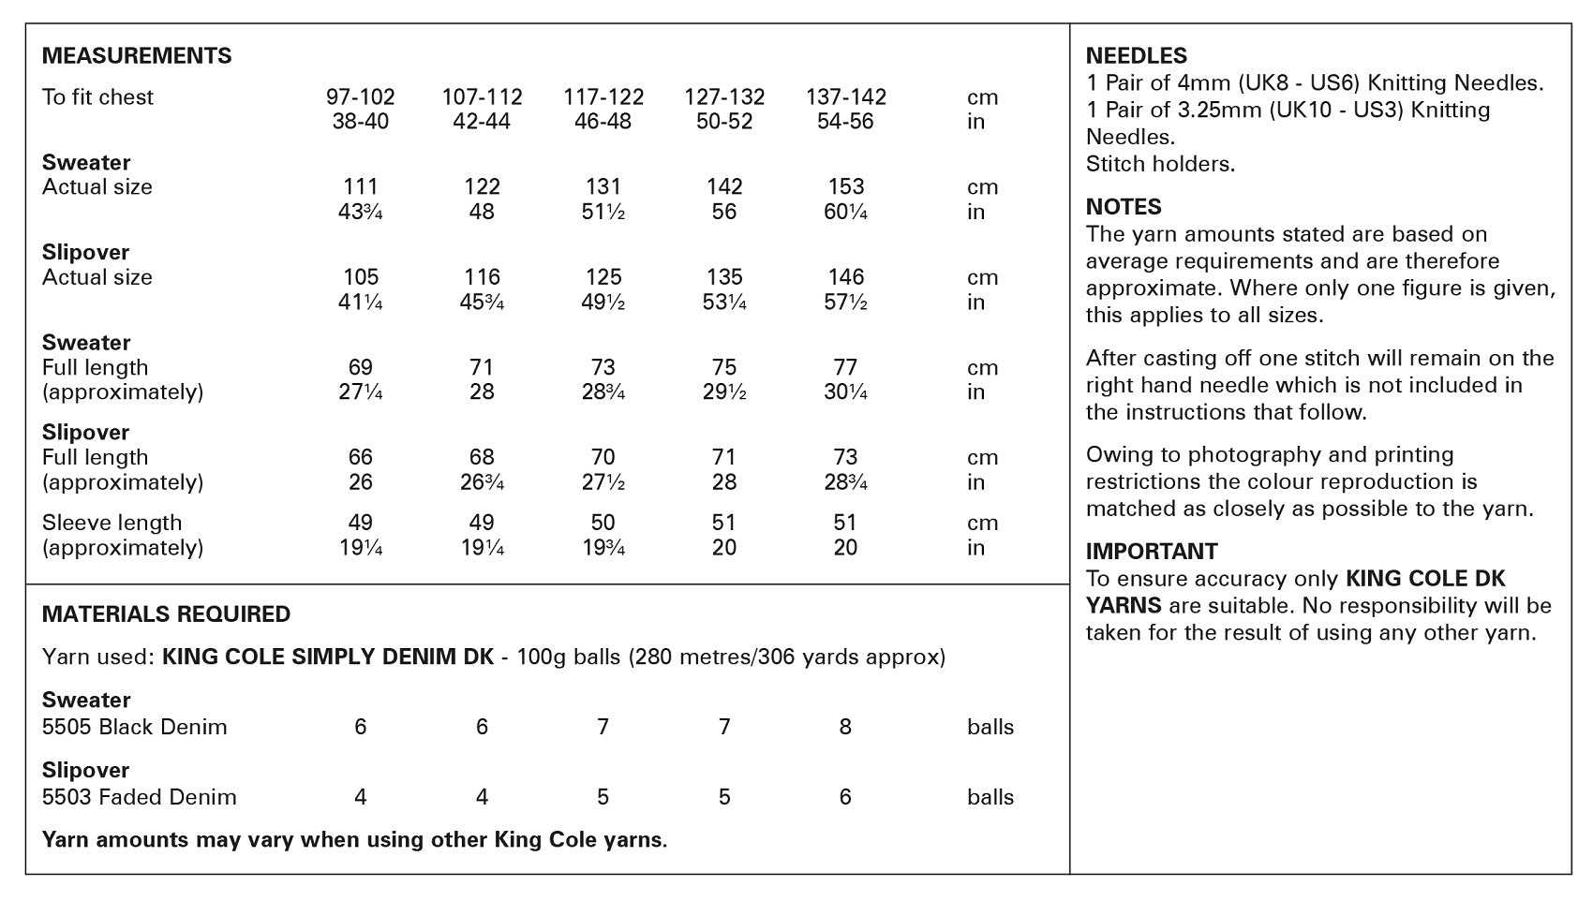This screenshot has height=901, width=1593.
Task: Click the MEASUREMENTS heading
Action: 137,56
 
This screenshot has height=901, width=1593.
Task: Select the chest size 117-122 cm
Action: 603,97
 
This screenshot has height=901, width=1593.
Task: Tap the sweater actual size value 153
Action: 845,187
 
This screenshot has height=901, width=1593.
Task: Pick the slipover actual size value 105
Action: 361,277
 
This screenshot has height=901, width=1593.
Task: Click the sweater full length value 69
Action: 361,367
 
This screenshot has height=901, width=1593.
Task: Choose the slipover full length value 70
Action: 603,457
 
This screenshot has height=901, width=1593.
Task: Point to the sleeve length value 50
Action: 603,523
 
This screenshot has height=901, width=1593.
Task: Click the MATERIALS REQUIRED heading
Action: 167,614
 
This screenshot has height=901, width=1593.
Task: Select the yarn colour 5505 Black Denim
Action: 135,727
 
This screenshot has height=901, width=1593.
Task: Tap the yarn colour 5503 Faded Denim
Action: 140,797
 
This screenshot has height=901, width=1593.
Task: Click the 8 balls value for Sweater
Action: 845,727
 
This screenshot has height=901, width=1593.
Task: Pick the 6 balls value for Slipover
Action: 845,797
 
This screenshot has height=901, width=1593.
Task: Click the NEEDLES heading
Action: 1137,56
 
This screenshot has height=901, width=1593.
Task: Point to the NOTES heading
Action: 1124,207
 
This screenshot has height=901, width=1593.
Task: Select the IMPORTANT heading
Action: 1152,552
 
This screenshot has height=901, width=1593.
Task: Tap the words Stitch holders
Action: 1160,164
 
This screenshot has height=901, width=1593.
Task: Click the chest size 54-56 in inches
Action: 845,122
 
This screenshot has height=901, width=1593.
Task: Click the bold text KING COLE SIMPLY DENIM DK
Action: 328,657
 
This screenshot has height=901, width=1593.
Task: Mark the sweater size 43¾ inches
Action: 361,213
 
